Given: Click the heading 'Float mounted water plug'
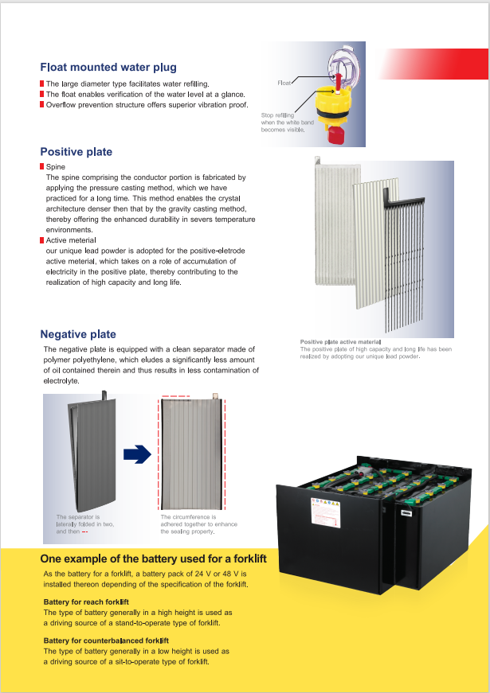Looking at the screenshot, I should tap(108, 68).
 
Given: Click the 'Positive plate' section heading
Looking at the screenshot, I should tap(76, 152).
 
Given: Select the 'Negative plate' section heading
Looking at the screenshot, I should tap(78, 334).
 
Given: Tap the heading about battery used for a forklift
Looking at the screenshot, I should tap(153, 559).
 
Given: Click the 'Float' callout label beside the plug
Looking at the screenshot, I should tap(284, 83).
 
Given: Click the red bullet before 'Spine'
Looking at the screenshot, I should tap(41, 166).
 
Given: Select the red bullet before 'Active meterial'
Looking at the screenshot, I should tap(41, 239).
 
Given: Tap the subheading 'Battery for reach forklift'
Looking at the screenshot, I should tap(86, 602).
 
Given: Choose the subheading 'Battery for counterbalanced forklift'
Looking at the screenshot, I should tap(106, 640).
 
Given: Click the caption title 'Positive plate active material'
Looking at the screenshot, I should tap(340, 341).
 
